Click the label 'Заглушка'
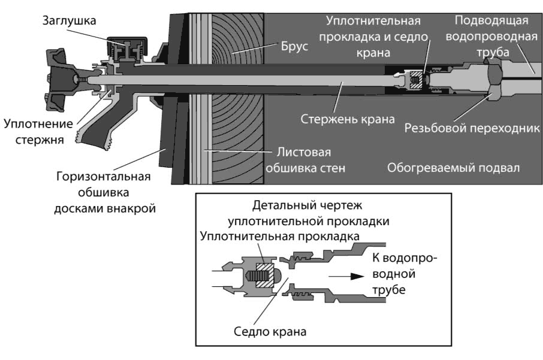[69, 20]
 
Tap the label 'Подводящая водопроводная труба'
[490, 37]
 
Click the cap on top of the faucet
[126, 45]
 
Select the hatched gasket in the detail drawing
[262, 276]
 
